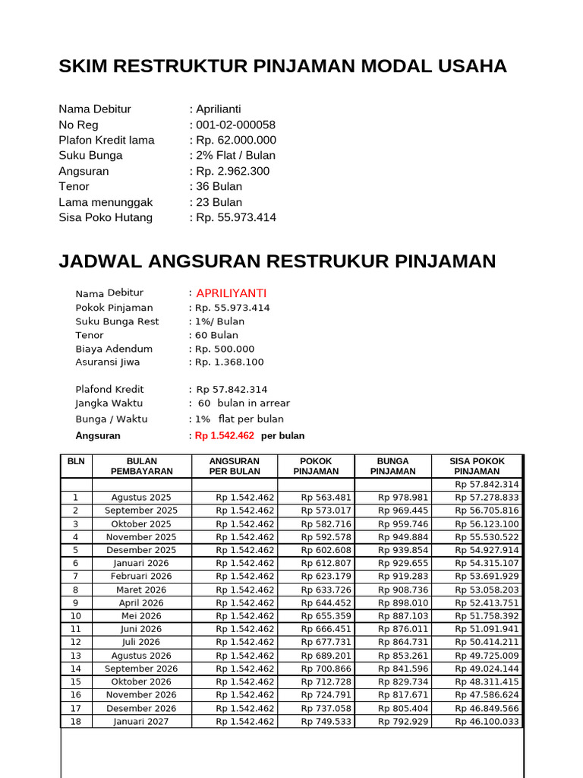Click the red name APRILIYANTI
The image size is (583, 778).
[231, 293]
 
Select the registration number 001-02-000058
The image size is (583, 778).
[235, 125]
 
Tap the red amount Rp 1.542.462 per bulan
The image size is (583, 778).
[225, 435]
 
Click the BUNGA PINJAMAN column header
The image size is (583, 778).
[392, 466]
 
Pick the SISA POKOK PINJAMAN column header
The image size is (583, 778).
[477, 466]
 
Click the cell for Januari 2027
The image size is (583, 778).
[141, 721]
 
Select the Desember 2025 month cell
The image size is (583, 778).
[141, 550]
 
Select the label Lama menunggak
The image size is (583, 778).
[106, 202]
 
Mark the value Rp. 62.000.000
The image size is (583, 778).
[236, 140]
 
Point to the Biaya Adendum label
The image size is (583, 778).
[114, 349]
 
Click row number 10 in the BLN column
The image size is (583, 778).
[76, 616]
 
